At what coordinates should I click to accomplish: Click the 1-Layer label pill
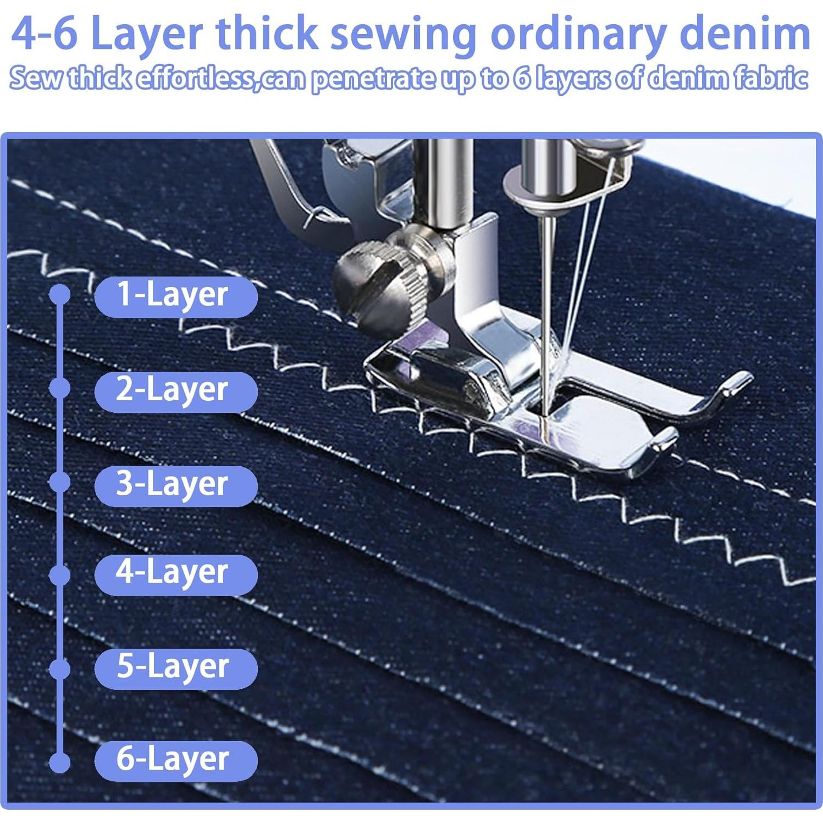pyautogui.click(x=175, y=296)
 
